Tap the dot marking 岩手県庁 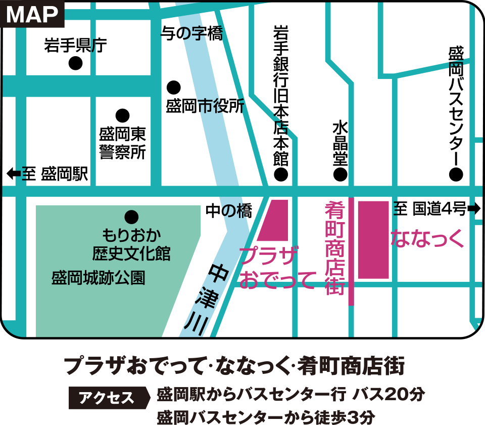(x=76, y=63)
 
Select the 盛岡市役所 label (x=205, y=106)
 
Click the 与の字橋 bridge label (x=191, y=34)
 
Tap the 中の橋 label (x=228, y=211)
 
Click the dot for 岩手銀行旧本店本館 (x=280, y=175)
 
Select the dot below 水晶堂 (x=340, y=175)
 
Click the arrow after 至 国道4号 (x=474, y=208)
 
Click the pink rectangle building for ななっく (x=373, y=239)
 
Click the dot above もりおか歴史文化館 (x=132, y=217)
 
